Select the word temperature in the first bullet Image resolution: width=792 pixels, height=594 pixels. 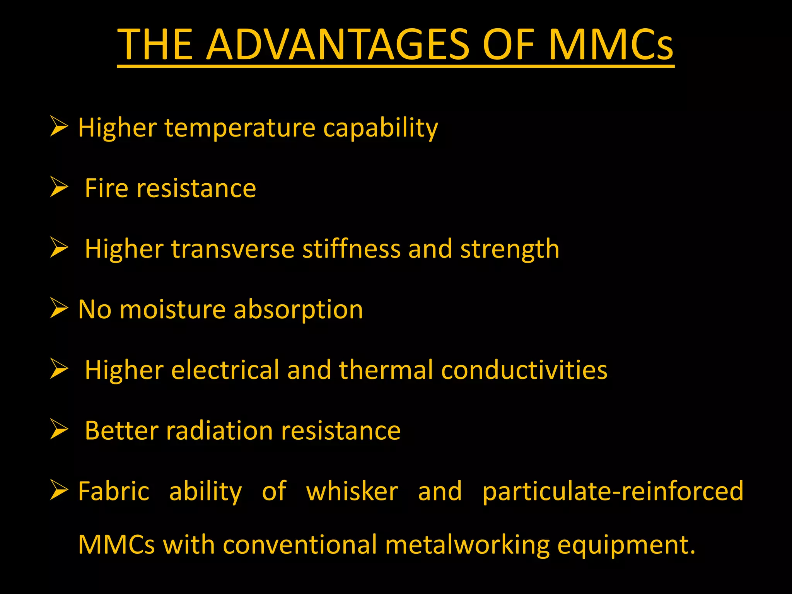click(x=240, y=128)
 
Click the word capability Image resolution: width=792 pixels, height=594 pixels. click(x=381, y=128)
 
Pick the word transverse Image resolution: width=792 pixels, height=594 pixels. click(x=233, y=249)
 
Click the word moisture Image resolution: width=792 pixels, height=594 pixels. click(x=172, y=309)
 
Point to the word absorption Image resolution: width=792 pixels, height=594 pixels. click(x=298, y=309)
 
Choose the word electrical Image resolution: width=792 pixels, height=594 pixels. click(x=225, y=370)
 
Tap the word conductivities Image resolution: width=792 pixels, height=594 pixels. click(x=524, y=370)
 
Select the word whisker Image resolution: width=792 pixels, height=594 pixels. click(x=352, y=491)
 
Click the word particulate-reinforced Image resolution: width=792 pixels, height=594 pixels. click(x=613, y=491)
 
